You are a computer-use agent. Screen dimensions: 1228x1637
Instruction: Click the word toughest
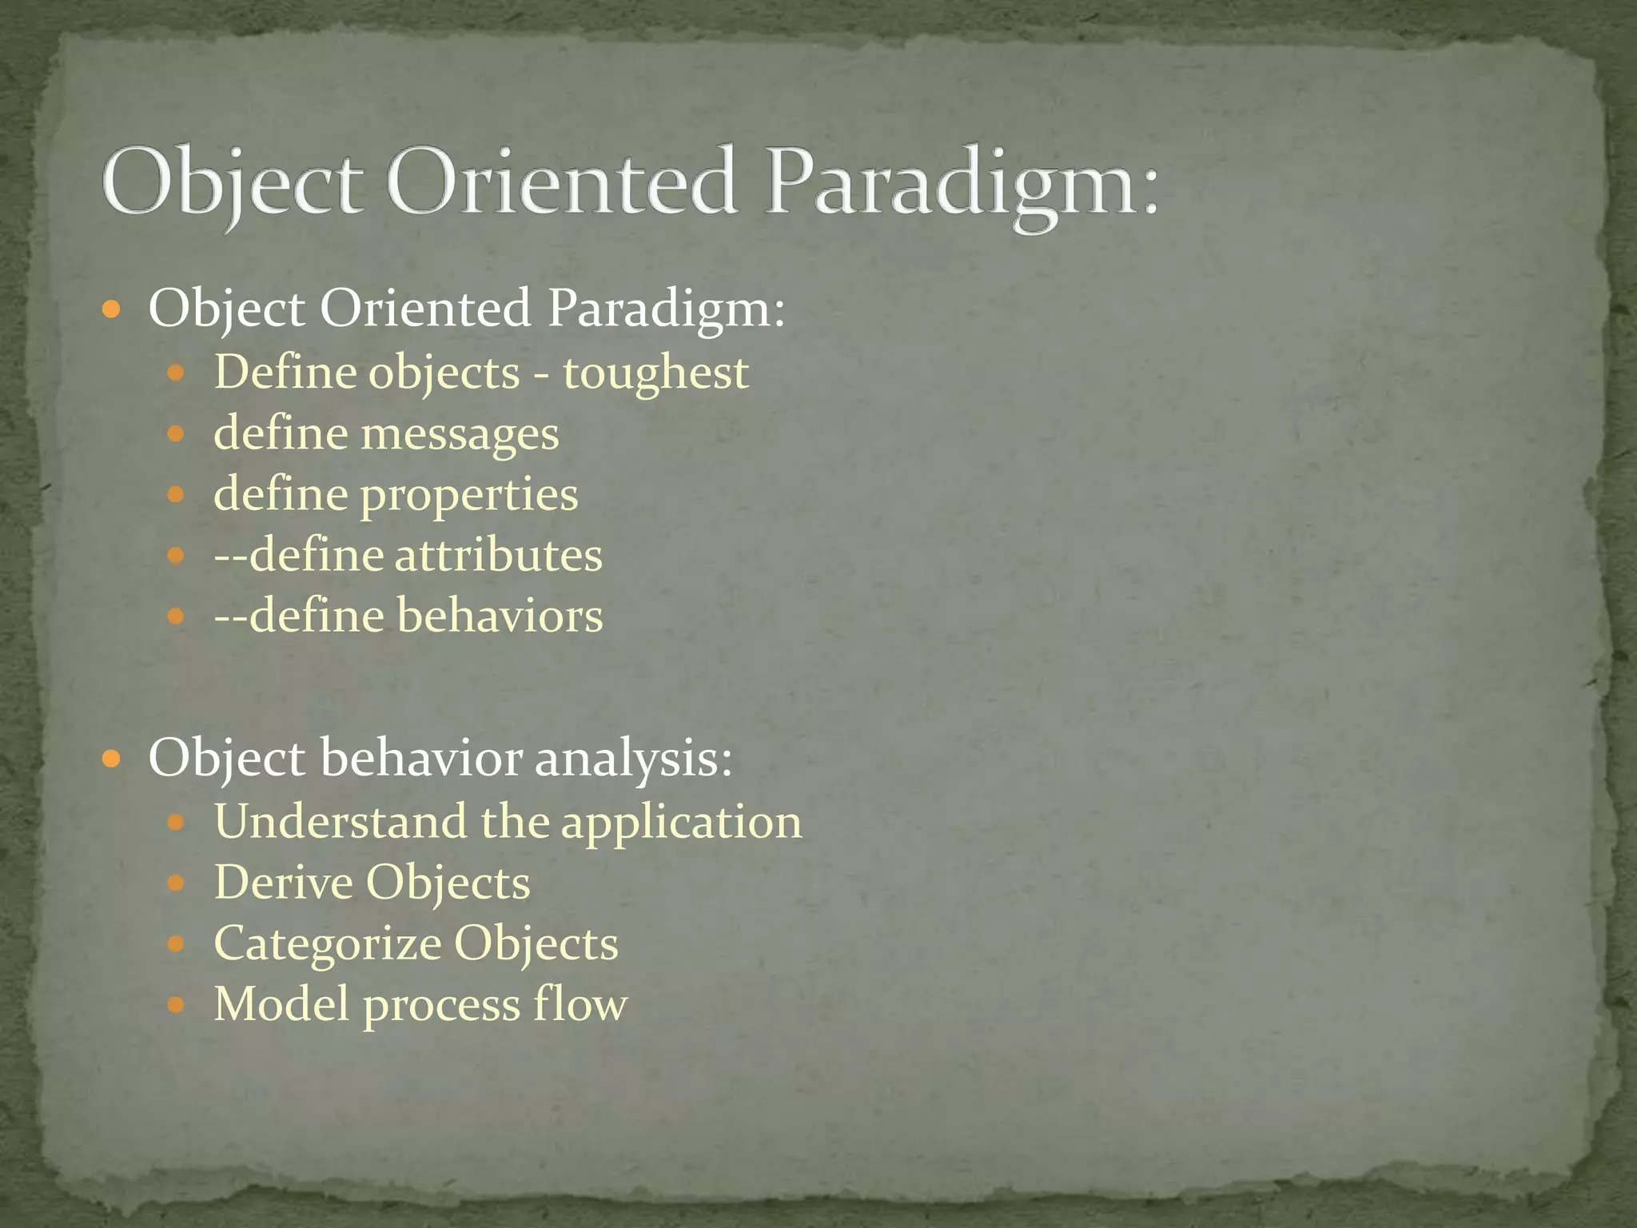(x=655, y=374)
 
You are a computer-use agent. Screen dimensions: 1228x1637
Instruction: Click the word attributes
(x=498, y=556)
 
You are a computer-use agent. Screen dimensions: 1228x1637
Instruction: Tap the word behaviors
(x=500, y=616)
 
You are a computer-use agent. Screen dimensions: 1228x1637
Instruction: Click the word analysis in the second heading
(x=633, y=759)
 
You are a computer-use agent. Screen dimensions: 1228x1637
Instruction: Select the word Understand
(x=341, y=822)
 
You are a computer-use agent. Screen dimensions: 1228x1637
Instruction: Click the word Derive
(x=282, y=883)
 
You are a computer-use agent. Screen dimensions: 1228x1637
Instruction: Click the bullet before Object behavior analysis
(x=112, y=758)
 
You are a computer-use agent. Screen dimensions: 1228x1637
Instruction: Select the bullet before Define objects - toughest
(x=177, y=373)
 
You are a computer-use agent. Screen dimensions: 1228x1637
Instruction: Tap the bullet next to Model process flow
(x=177, y=1004)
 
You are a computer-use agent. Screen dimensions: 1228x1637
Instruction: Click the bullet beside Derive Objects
(x=177, y=883)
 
